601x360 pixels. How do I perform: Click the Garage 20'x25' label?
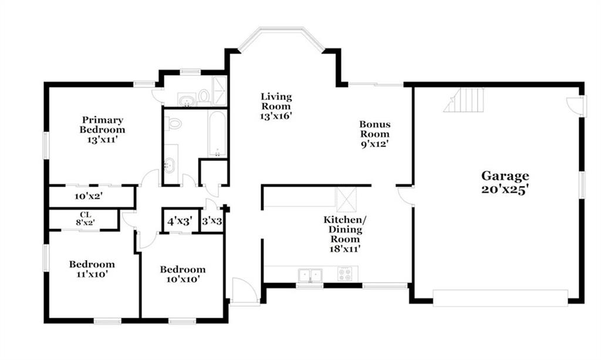(x=505, y=183)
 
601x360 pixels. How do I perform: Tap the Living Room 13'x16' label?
(x=276, y=106)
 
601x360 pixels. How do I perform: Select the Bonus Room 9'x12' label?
(x=375, y=134)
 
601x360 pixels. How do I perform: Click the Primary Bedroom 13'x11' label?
(x=102, y=130)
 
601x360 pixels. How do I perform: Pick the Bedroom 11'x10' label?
(x=92, y=269)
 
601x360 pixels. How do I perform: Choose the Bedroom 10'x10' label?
(x=183, y=274)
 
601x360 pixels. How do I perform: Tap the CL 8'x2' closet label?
(x=85, y=218)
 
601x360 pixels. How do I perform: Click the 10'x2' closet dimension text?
(x=88, y=196)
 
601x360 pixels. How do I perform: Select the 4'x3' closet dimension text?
(x=180, y=221)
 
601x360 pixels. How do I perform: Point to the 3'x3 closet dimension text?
(x=212, y=221)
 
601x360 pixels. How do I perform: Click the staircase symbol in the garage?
(x=464, y=100)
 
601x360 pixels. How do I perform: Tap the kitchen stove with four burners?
(x=344, y=274)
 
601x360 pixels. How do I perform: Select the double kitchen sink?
(x=310, y=275)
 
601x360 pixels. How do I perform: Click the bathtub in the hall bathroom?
(x=217, y=134)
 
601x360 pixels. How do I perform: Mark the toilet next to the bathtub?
(x=173, y=124)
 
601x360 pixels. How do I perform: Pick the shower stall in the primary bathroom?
(x=220, y=91)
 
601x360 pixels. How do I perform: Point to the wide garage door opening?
(x=500, y=298)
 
